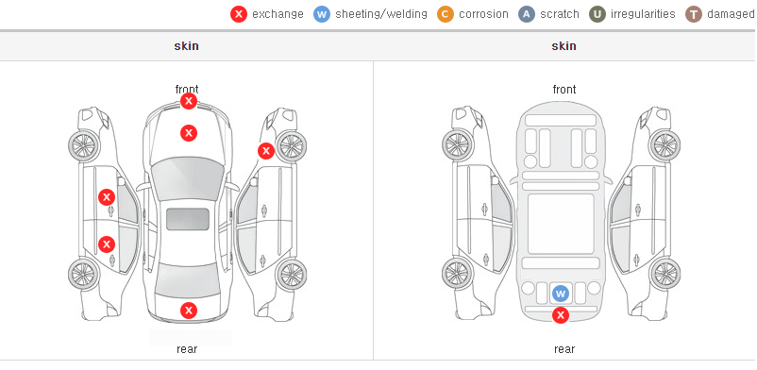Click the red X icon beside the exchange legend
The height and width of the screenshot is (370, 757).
[239, 14]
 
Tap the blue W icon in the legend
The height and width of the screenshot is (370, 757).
[322, 14]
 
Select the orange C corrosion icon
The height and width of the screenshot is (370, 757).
[446, 14]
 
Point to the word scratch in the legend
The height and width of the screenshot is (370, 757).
[560, 14]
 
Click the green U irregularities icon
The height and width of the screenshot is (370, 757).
[597, 14]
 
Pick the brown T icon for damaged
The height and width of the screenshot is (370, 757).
[693, 14]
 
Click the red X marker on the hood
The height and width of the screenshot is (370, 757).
[189, 133]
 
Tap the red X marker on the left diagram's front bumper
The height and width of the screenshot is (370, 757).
[189, 101]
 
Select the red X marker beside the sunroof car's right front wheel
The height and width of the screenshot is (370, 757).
[265, 151]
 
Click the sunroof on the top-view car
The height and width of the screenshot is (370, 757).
[188, 219]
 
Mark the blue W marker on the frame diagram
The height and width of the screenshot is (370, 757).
[560, 294]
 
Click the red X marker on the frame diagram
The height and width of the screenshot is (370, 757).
[560, 315]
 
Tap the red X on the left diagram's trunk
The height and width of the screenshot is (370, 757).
[189, 311]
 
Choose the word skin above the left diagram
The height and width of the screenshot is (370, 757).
[186, 46]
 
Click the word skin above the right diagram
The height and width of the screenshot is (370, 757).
[564, 46]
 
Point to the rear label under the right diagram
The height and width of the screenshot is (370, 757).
[564, 349]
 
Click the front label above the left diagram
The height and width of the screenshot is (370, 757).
[187, 90]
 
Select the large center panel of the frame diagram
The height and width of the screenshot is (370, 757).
[561, 224]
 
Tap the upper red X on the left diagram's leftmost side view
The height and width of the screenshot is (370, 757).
[107, 197]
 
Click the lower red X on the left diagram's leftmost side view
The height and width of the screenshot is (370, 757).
[107, 244]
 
